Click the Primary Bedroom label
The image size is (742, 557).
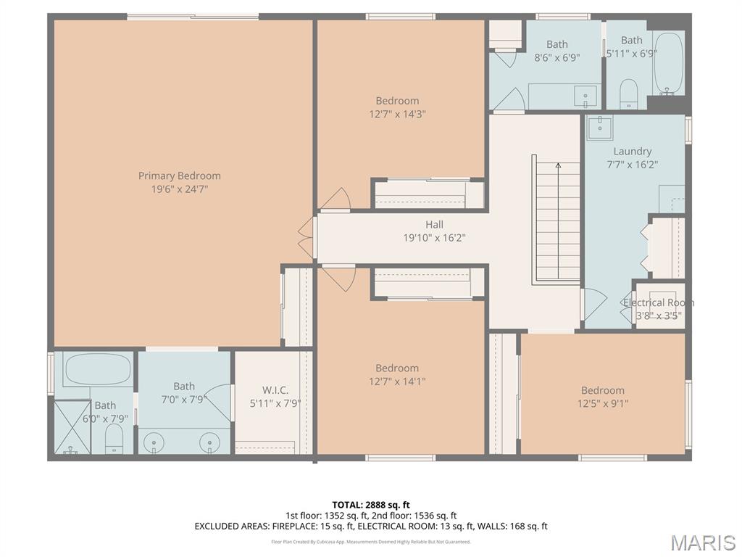[180, 176]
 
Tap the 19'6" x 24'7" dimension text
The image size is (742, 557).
[180, 189]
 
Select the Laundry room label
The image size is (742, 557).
[632, 152]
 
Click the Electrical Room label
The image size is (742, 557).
[659, 302]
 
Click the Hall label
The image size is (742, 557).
[434, 225]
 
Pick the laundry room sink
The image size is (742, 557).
[600, 127]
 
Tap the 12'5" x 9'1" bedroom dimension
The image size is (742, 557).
[602, 404]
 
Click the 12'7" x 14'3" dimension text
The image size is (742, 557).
[397, 114]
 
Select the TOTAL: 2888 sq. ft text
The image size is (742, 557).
[371, 505]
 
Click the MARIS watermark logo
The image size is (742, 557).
[702, 542]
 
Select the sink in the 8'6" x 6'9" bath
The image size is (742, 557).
[585, 95]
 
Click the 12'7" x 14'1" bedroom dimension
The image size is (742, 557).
[397, 381]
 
